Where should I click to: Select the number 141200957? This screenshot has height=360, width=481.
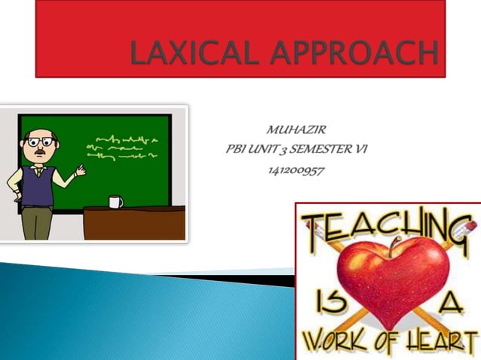(x=296, y=170)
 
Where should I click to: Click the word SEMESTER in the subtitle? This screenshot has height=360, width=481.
(x=316, y=151)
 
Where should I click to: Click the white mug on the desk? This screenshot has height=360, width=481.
(x=115, y=201)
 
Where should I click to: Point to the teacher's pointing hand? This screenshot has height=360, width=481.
(x=80, y=171)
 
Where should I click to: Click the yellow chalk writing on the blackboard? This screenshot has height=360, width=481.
(x=124, y=147)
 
